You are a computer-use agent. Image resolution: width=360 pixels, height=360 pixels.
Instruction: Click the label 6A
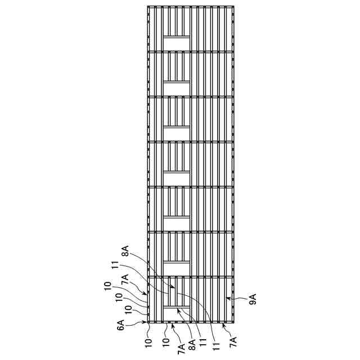pos(121,325)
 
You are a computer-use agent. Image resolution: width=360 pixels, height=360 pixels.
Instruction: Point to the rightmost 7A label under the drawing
pos(233,340)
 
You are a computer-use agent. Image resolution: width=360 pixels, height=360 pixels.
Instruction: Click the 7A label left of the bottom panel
pos(125,280)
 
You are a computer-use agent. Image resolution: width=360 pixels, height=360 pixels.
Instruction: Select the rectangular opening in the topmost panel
pos(176,43)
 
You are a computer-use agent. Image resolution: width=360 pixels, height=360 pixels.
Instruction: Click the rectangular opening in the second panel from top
pos(176,88)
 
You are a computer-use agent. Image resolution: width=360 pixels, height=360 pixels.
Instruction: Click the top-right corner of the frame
pos(233,6)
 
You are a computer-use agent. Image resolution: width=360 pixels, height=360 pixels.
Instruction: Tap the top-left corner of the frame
pos(148,6)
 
